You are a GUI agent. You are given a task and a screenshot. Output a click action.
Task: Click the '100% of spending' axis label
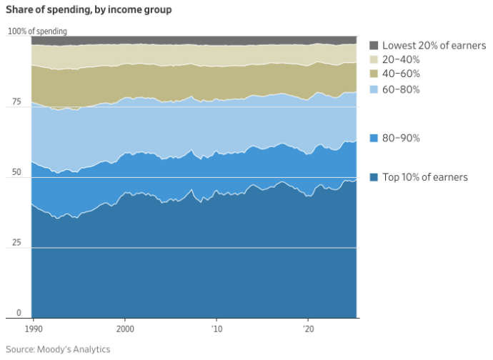[x=37, y=31]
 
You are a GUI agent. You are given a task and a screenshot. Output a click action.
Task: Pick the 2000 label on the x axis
[x=125, y=330]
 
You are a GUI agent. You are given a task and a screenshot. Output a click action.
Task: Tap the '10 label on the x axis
[x=217, y=330]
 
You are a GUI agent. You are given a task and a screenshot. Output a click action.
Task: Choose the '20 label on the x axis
[x=308, y=330]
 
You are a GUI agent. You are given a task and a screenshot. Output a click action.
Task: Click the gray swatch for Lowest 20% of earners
[x=373, y=45]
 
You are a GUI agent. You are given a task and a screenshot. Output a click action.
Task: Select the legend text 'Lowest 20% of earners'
[x=434, y=45]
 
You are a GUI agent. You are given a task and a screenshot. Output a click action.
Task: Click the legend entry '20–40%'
[x=401, y=59]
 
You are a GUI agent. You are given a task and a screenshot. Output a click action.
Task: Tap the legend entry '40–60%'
[x=401, y=74]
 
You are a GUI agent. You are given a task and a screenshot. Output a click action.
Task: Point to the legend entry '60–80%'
[x=401, y=89]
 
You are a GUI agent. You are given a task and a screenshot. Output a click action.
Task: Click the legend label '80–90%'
[x=401, y=138]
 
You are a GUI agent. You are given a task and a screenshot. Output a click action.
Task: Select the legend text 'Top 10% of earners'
[x=425, y=177]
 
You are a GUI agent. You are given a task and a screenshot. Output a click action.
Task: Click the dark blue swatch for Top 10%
[x=373, y=177]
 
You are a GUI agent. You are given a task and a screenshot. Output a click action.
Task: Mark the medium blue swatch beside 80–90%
[x=373, y=138]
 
